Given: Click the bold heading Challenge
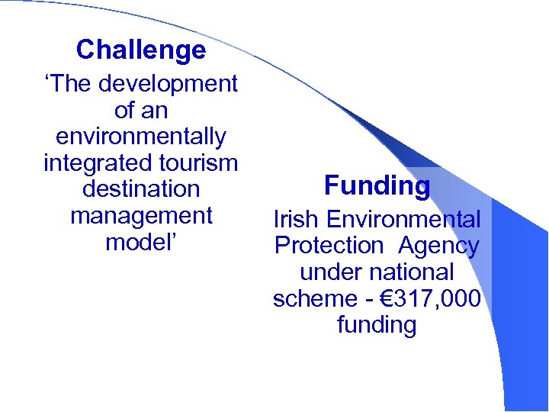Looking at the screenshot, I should pos(141,50).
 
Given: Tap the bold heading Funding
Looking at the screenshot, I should pos(377,185).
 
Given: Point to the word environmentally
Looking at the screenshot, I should pos(141,137).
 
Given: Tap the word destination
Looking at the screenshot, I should pos(141,189).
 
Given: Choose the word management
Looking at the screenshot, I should pos(141,216).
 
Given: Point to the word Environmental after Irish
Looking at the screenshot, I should pos(403,220).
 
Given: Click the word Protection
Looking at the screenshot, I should pos(329,246).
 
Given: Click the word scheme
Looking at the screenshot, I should pos(315,299).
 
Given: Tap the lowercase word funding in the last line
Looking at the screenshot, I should pos(377,326).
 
